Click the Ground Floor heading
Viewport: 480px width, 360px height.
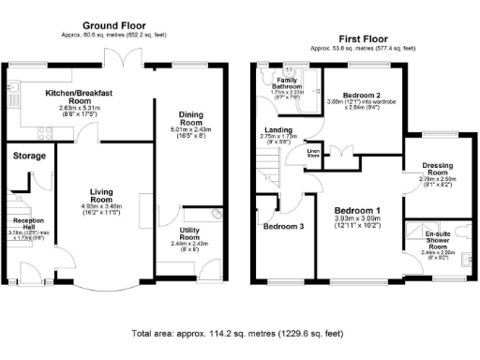(x=116, y=24)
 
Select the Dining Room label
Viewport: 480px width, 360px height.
(x=191, y=119)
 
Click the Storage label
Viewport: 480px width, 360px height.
(x=29, y=156)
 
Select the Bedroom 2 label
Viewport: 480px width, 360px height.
(x=360, y=96)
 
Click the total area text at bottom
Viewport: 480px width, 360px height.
(x=239, y=333)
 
